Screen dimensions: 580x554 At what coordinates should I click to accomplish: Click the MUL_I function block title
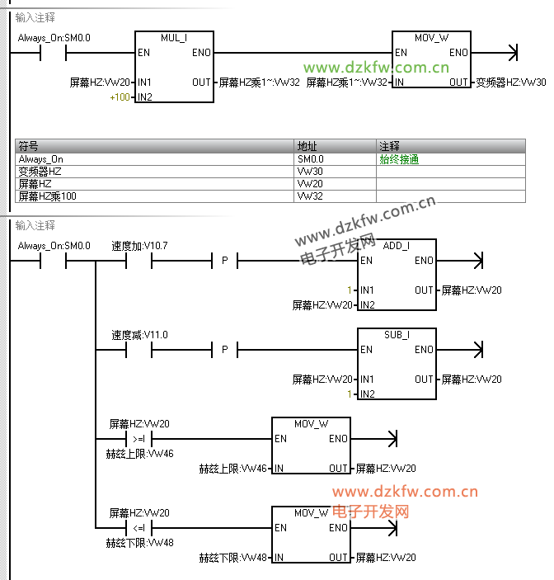tap(174, 39)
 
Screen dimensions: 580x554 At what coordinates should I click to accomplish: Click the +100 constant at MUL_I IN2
tap(120, 97)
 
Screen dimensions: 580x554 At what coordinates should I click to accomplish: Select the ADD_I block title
tap(397, 246)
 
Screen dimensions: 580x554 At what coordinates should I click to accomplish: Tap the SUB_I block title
tap(397, 336)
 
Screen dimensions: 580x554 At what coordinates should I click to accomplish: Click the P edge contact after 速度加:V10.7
tap(224, 261)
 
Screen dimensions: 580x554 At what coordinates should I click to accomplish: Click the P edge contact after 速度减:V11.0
tap(224, 351)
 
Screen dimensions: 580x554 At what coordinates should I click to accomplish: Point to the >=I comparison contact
tap(138, 439)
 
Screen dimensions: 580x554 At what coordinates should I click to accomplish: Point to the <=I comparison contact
tap(138, 528)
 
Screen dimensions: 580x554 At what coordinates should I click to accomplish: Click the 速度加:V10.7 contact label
tap(139, 246)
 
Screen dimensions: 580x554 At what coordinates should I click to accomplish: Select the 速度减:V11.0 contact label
tap(139, 335)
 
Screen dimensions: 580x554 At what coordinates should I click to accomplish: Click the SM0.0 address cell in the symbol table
tap(311, 159)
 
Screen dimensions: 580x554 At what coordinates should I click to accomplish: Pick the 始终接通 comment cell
tap(399, 159)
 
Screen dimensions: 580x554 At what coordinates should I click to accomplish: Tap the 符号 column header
tap(29, 146)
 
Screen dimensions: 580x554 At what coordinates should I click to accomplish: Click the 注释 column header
tap(389, 146)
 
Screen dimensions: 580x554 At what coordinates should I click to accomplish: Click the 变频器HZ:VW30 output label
tap(510, 83)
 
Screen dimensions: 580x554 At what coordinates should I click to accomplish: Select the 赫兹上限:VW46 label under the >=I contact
tap(139, 454)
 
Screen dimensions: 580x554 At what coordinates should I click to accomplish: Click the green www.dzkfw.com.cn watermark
tap(376, 68)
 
